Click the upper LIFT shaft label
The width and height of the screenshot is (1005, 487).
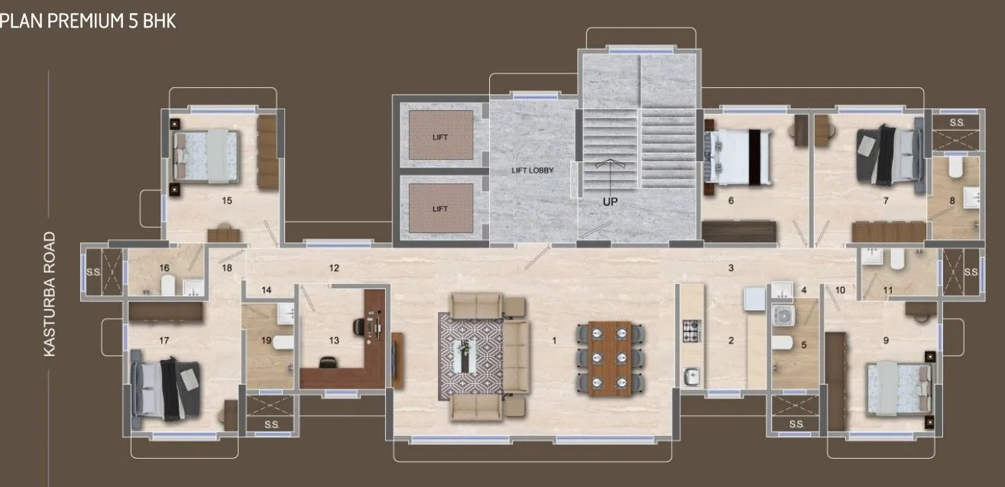pos(439,138)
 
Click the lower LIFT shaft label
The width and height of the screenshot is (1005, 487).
pos(439,209)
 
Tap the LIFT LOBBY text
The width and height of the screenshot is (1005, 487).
pos(533,170)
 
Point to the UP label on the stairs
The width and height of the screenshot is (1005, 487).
pos(609,202)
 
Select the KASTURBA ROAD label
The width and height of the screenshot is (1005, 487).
pos(50,294)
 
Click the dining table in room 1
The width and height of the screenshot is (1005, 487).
pos(609,356)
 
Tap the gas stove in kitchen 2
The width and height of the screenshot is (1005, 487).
pos(692,331)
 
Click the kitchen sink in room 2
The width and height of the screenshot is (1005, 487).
pos(692,375)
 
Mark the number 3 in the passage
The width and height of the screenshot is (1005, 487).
pos(731,268)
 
